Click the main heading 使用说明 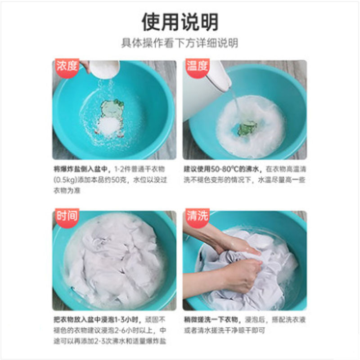[180, 22]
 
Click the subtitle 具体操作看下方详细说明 [180, 43]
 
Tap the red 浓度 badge [67, 67]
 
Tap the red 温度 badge [198, 67]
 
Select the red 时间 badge [67, 217]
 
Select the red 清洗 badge [198, 217]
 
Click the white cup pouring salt [104, 69]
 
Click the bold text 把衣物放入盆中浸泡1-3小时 [96, 319]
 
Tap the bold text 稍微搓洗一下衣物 [211, 319]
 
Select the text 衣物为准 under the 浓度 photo [67, 190]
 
